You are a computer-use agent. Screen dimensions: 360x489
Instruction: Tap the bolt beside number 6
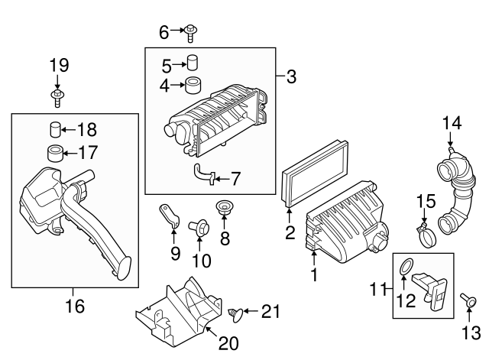click(190, 31)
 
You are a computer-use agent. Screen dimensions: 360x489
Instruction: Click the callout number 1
click(313, 273)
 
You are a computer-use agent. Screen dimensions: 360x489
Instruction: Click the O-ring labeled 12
click(406, 268)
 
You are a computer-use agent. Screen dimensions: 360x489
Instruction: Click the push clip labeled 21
click(238, 312)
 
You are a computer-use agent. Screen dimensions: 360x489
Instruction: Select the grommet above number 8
click(225, 207)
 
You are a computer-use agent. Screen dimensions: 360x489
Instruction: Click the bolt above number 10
click(198, 226)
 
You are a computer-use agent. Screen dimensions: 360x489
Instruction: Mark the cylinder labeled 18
click(56, 128)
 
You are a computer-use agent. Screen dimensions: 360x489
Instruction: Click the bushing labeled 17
click(56, 151)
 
